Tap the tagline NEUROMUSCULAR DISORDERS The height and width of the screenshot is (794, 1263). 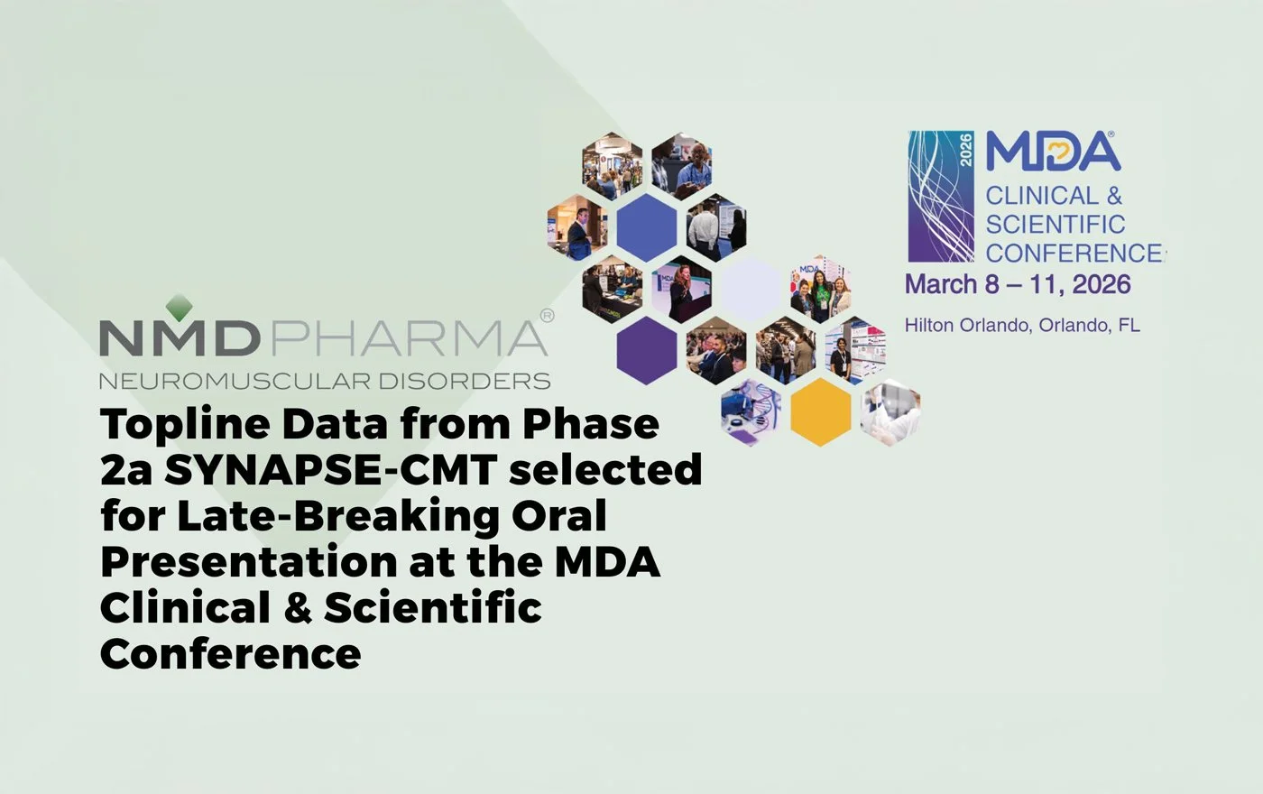(x=324, y=381)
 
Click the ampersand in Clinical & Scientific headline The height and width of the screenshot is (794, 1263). (x=296, y=607)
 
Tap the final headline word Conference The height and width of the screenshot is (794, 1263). (x=230, y=653)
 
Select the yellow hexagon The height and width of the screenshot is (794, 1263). (x=820, y=412)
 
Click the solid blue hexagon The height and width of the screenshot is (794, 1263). (x=646, y=226)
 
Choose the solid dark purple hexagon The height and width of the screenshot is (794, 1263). (x=646, y=350)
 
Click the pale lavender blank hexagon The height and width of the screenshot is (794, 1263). (x=751, y=288)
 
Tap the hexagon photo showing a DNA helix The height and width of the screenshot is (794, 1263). (x=751, y=412)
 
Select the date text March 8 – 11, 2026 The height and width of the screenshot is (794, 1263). (x=1017, y=284)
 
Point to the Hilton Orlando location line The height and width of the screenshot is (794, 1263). (x=1022, y=325)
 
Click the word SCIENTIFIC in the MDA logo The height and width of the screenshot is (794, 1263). (x=1055, y=224)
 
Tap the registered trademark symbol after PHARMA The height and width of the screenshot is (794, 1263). (x=546, y=316)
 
